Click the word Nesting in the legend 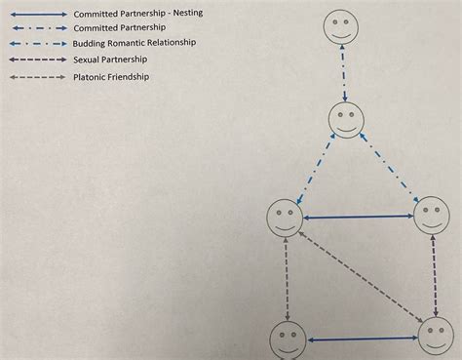coord(188,13)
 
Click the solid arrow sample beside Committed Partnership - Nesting coord(39,15)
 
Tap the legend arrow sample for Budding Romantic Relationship coord(38,44)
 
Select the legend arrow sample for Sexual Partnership coord(38,60)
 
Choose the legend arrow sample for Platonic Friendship coord(38,77)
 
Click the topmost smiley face coord(341,26)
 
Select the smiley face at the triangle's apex coord(346,120)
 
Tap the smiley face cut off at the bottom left coord(288,340)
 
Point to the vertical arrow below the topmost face coord(343,72)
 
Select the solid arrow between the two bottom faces coord(363,339)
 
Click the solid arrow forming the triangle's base coord(358,217)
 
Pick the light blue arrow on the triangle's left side coord(316,169)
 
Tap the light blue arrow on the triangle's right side coord(389,168)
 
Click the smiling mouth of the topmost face coord(341,35)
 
